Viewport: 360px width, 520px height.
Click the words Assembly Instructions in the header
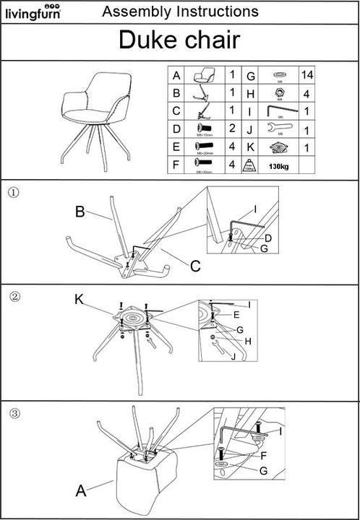[x=180, y=12]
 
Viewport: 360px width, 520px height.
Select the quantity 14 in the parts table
[x=307, y=76]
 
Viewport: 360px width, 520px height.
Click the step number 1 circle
[x=12, y=192]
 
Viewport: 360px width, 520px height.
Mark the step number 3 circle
[x=14, y=414]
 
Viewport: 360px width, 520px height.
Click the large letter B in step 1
[x=80, y=212]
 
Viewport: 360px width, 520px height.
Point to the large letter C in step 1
[x=194, y=266]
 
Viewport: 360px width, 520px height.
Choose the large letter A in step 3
[x=82, y=491]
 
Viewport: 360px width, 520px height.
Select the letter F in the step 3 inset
[x=264, y=456]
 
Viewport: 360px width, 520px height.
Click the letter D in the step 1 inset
[x=268, y=238]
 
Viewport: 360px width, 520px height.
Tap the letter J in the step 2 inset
[x=233, y=355]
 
